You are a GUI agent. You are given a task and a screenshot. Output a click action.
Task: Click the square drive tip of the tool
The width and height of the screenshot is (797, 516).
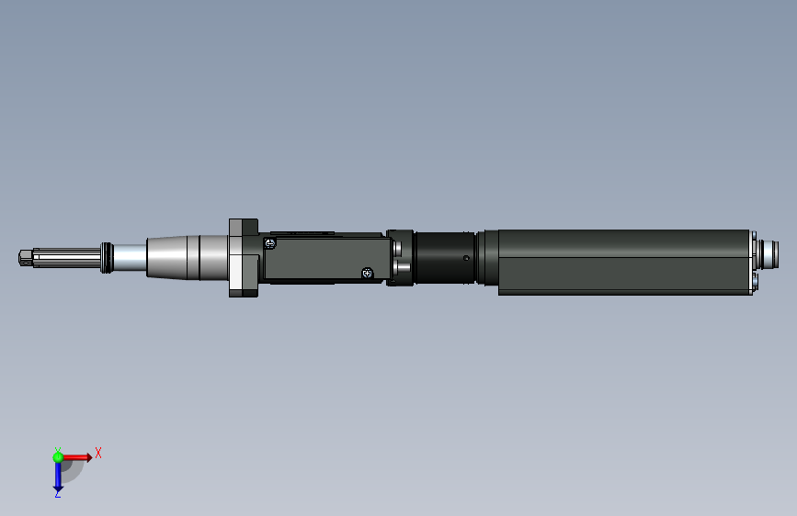pos(26,257)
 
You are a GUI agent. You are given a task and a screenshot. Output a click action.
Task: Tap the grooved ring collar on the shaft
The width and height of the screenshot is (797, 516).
pos(107,257)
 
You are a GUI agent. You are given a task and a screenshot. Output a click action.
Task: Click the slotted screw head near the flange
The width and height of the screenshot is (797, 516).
pos(270,243)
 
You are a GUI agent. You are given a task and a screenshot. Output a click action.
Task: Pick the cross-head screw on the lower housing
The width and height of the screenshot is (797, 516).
pos(367,274)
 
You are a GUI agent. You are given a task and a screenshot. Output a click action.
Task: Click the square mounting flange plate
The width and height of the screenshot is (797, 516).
pos(244,257)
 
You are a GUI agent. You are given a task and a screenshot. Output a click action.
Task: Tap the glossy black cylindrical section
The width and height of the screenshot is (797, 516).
pos(445,257)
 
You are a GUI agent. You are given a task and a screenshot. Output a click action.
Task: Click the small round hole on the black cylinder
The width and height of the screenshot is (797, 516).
pos(466,258)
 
